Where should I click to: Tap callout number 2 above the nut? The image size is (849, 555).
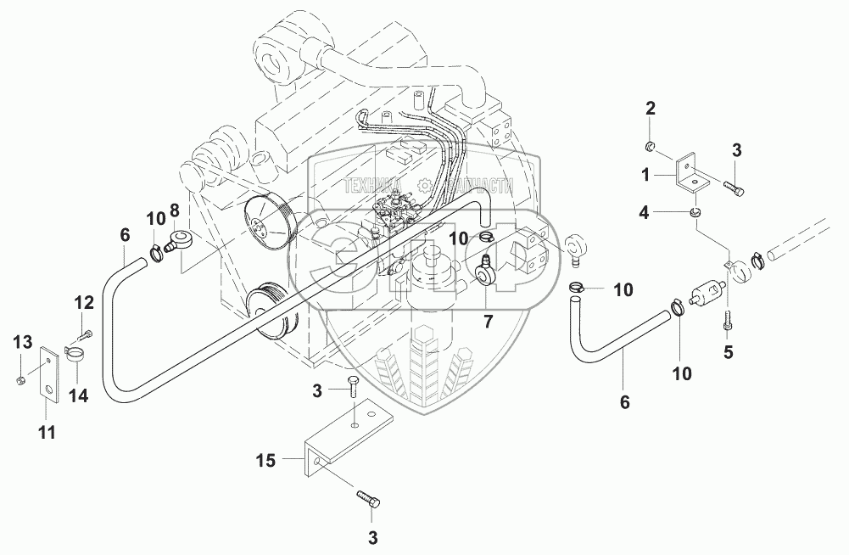pyautogui.click(x=651, y=108)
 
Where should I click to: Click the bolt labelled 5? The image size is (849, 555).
pyautogui.click(x=727, y=319)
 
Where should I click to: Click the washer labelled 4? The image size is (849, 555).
pyautogui.click(x=695, y=212)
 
